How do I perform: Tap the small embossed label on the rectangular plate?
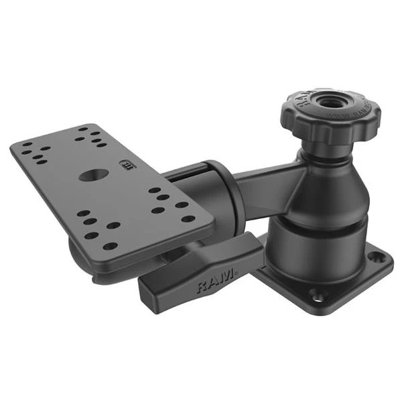point(125,163)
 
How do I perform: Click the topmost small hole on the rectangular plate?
point(84,128)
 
